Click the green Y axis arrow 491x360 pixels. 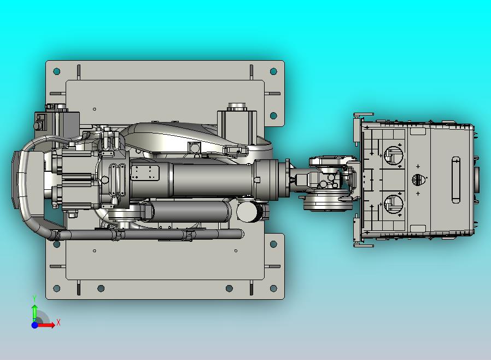[34, 312]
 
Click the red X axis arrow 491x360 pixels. [46, 325]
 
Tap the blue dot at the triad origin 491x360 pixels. [34, 325]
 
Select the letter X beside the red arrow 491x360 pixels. [59, 322]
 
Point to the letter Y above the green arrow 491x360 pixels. [34, 298]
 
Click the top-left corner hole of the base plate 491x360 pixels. [57, 72]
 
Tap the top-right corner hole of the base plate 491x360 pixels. [273, 72]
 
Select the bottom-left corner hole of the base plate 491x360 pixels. [57, 288]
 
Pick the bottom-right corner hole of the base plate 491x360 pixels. [273, 288]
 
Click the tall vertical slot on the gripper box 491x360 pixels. [456, 180]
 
